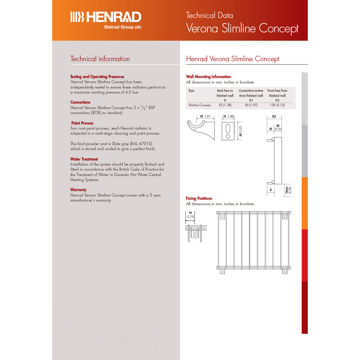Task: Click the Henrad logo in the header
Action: point(105,17)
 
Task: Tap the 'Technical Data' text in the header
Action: point(209,15)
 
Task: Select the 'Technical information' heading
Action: point(100,59)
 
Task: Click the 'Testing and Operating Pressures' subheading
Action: point(97,77)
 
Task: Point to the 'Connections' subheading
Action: point(80,102)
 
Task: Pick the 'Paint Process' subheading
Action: point(82,123)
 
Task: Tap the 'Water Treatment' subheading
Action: point(84,159)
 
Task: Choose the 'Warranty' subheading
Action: point(78,190)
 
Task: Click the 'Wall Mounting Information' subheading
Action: point(208,77)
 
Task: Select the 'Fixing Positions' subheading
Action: point(199,198)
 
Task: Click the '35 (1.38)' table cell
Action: point(225,105)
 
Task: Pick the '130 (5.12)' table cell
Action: point(277,105)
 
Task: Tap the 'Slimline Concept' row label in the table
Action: point(199,105)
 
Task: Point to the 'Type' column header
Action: point(192,91)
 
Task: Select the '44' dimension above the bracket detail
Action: point(190,213)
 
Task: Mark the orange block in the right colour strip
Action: point(305,203)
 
